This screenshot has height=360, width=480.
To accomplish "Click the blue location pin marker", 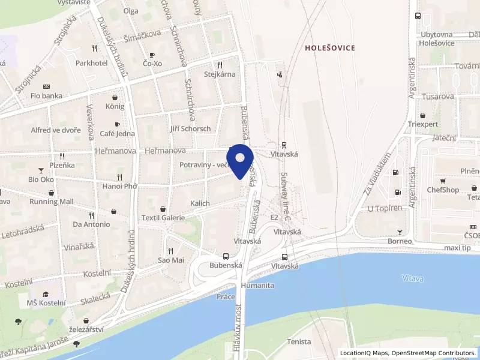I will coord(240,160).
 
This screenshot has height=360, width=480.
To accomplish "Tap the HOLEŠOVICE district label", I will coord(329,47).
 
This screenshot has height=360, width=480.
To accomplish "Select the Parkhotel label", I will coord(91,62).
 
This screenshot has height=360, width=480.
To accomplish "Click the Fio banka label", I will coord(46,95).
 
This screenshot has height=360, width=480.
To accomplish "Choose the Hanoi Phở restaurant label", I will coord(120,186).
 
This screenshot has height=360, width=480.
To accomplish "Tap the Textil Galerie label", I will coord(163,217).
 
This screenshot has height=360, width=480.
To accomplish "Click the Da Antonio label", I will coord(91,224).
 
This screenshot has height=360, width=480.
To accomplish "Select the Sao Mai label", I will coord(170,260).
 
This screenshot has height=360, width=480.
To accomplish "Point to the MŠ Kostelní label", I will coord(46,303).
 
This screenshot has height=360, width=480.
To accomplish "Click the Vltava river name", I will coord(413,278).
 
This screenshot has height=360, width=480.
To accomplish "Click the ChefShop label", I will coord(443,190).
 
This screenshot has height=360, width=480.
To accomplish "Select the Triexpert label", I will coord(423,124).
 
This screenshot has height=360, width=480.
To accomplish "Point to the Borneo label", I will coord(400,241).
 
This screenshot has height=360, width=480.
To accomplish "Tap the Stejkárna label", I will coord(220,74).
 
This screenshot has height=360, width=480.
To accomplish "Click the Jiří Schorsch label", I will coord(190,128).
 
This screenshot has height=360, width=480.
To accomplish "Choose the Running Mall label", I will coord(52,202).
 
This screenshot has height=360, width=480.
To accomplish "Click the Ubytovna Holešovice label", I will coord(437,38).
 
